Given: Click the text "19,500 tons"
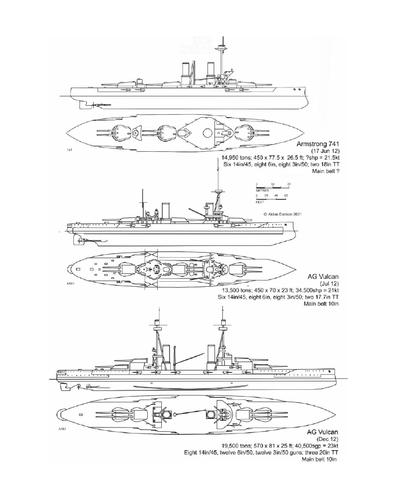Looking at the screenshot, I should tap(216, 446).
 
